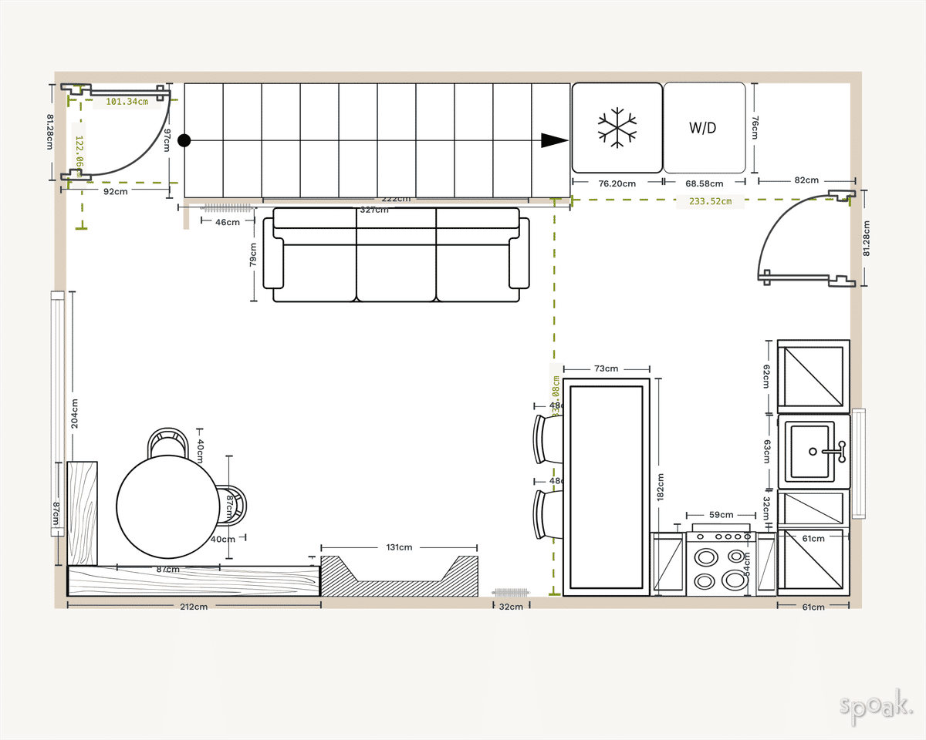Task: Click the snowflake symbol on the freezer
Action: (x=617, y=128)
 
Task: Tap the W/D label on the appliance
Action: (x=703, y=128)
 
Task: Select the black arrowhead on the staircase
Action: (x=553, y=140)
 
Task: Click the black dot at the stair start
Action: (x=184, y=140)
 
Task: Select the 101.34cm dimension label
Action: (x=127, y=101)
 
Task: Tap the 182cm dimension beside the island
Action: (x=661, y=487)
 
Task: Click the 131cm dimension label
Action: (x=399, y=547)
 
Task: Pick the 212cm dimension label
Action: (x=194, y=607)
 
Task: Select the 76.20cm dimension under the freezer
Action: (x=617, y=183)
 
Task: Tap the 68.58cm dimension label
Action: (x=704, y=183)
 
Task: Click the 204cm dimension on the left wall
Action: (x=75, y=413)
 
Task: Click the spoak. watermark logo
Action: (x=876, y=705)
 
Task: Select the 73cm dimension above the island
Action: (x=606, y=368)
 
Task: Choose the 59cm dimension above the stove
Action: (x=721, y=514)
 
